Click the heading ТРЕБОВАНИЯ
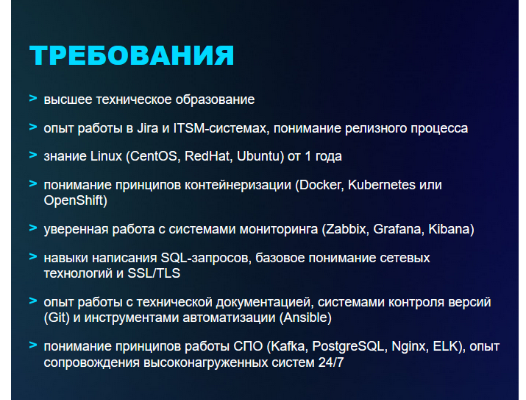132,55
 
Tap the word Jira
148,128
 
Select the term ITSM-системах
220,128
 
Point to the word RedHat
207,156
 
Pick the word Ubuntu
258,156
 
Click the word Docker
320,185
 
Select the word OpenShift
74,200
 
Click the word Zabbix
346,229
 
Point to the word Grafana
396,229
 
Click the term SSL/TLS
154,273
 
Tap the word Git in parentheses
57,317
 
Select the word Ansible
305,317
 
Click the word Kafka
288,346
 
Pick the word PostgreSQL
348,346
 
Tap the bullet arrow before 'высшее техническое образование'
33,99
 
